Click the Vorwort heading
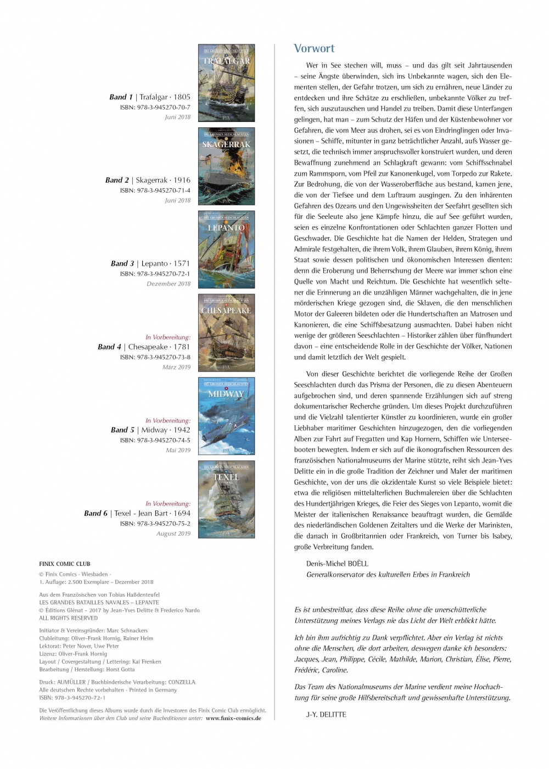click(x=314, y=48)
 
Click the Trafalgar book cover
click(x=226, y=83)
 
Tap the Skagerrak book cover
click(x=226, y=166)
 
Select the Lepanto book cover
click(x=226, y=250)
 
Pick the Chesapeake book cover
click(x=226, y=333)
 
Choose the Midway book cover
click(x=226, y=416)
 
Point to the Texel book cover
click(x=226, y=499)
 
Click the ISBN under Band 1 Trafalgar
click(x=155, y=108)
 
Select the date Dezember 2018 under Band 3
click(x=169, y=284)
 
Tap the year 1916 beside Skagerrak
click(x=182, y=180)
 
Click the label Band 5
click(x=122, y=430)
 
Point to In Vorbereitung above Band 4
click(x=168, y=337)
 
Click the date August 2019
click(x=173, y=534)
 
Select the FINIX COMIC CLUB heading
click(x=65, y=564)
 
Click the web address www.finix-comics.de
click(x=233, y=718)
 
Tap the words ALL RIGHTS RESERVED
click(x=68, y=618)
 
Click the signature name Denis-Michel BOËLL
click(x=337, y=564)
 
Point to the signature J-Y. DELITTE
click(x=326, y=714)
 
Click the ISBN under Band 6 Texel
click(x=155, y=524)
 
